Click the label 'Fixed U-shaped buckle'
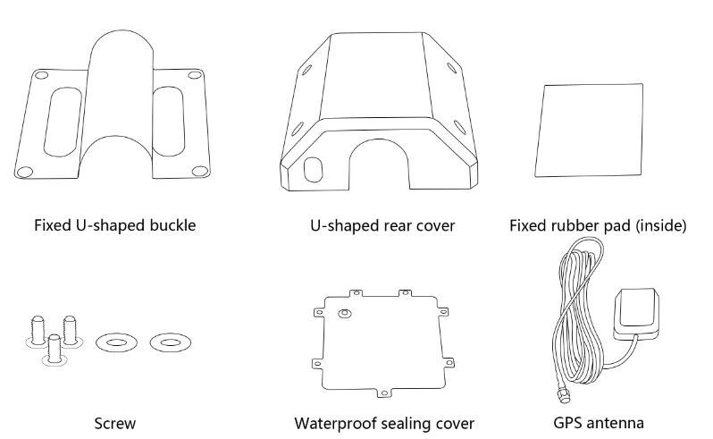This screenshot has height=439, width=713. click(114, 225)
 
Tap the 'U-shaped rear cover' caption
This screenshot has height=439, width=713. click(382, 225)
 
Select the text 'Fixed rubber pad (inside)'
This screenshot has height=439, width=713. click(598, 225)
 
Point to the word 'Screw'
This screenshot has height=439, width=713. click(115, 423)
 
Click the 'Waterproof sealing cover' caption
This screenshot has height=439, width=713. click(384, 423)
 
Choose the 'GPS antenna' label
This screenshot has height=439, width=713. click(598, 423)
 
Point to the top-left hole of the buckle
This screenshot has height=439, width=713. click(38, 75)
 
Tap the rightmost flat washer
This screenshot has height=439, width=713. click(167, 342)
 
